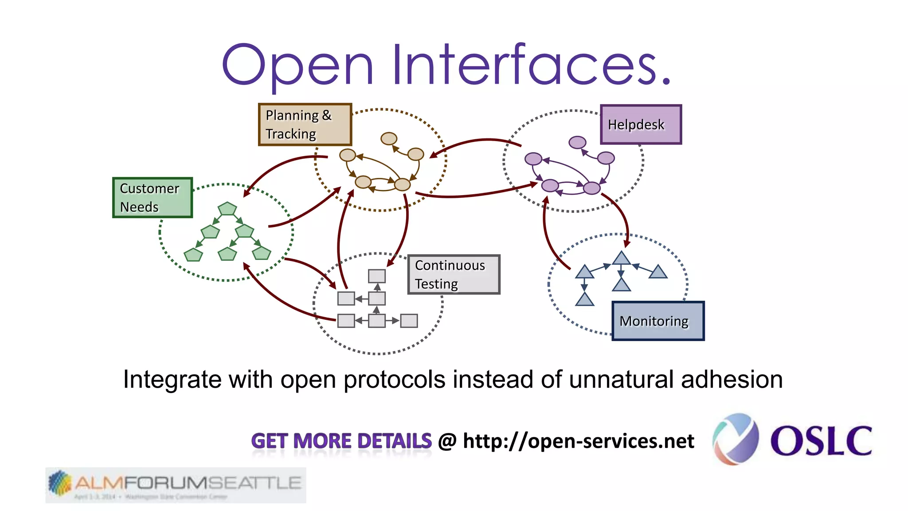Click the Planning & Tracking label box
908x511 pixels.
point(305,125)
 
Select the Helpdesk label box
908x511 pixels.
point(641,125)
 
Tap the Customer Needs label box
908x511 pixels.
point(153,198)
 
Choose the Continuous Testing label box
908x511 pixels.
point(454,275)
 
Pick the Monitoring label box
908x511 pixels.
point(658,321)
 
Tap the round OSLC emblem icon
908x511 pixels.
point(736,439)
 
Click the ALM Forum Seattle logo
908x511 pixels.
point(176,485)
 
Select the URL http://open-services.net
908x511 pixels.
point(578,441)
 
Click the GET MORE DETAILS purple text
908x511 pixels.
point(341,441)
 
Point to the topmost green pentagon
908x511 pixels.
point(227,208)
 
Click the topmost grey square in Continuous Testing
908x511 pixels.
point(377,276)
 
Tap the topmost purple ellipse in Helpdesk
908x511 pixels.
point(577,142)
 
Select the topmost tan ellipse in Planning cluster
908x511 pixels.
point(389,139)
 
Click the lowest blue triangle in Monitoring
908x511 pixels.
point(584,300)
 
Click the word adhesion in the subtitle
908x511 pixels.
point(732,380)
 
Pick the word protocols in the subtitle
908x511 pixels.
point(394,380)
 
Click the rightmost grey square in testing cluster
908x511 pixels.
point(409,321)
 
